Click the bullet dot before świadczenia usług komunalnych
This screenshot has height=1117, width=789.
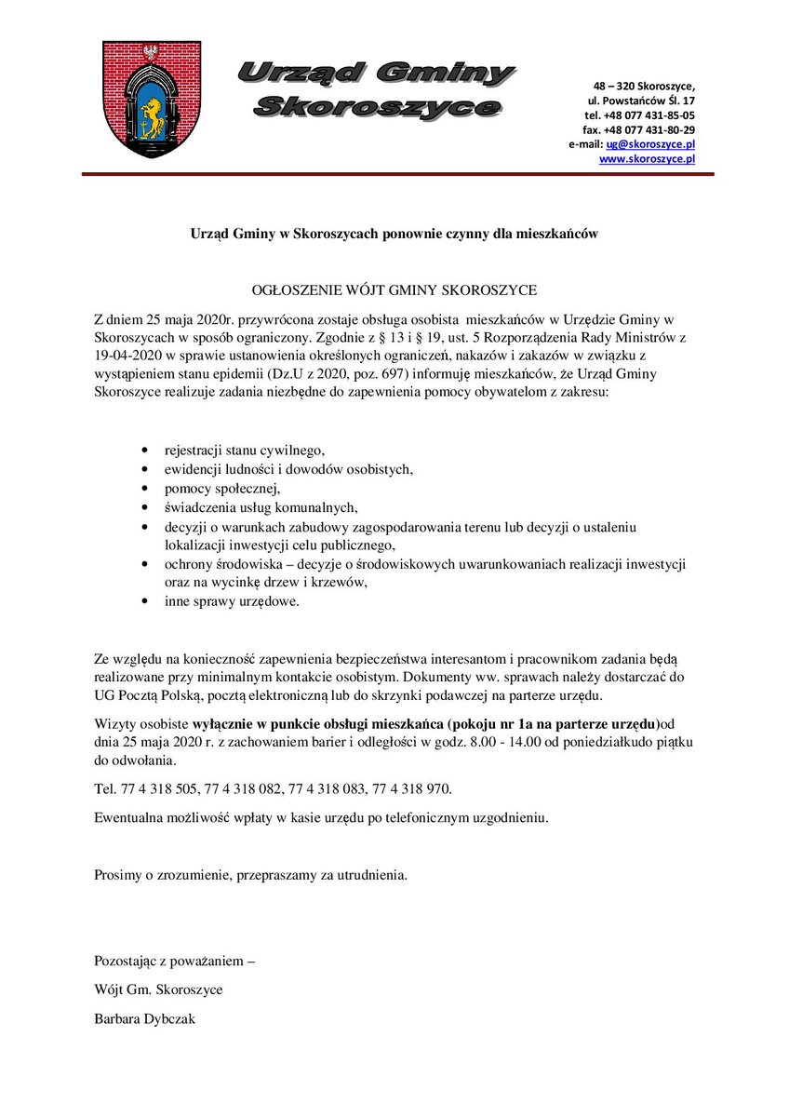[144, 508]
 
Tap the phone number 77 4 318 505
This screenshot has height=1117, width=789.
[160, 789]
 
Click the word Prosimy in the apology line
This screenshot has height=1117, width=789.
[117, 875]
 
